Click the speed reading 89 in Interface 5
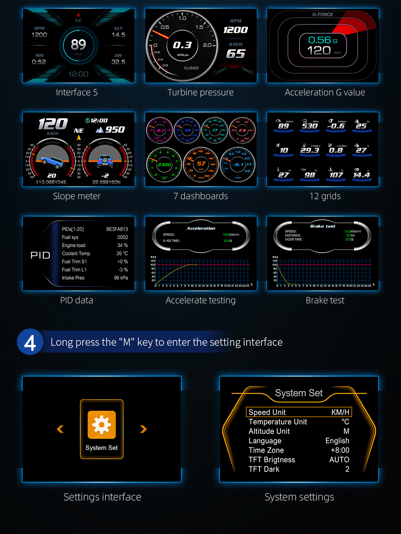(78, 44)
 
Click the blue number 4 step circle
(30, 342)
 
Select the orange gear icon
(101, 425)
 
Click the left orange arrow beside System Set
(60, 429)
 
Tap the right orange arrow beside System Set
(143, 429)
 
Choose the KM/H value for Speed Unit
(340, 412)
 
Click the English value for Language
(337, 441)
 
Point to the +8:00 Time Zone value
(340, 450)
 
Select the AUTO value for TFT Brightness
(339, 460)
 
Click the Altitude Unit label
(269, 431)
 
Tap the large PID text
(41, 256)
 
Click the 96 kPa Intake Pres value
(121, 278)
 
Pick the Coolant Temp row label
(76, 254)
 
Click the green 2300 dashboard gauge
(164, 164)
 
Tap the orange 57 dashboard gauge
(201, 164)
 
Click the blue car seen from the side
(52, 161)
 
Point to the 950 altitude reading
(115, 130)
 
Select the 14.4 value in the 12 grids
(361, 175)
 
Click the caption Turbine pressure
(200, 93)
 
